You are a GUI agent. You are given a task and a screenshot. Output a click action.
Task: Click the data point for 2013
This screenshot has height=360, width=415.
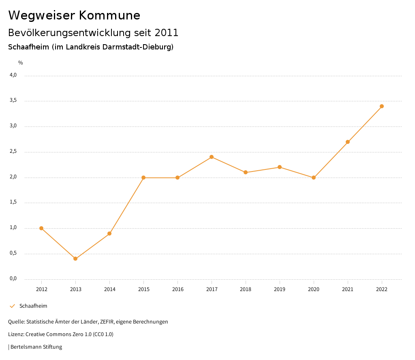click(75, 259)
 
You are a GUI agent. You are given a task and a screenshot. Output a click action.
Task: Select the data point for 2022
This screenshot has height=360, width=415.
click(382, 106)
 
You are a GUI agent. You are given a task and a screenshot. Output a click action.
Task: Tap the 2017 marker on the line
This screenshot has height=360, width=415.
click(212, 157)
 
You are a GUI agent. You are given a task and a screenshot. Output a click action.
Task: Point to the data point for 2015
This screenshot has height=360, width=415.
click(143, 178)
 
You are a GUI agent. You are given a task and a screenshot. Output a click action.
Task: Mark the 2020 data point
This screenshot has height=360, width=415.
click(314, 178)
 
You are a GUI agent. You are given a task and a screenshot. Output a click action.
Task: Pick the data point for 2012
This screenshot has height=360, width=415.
click(41, 228)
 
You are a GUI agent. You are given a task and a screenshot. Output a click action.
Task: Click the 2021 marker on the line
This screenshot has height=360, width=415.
click(348, 142)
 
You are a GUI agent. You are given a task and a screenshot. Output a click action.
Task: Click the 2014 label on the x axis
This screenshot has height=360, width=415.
click(109, 289)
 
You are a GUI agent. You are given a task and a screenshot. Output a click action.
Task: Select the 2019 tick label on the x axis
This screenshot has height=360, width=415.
click(280, 289)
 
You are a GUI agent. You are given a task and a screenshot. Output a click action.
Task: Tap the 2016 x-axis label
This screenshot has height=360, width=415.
click(178, 289)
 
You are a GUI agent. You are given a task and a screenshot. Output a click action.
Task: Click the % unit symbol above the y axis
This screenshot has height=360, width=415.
click(21, 63)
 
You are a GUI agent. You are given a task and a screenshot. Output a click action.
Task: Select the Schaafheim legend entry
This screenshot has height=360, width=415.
click(33, 306)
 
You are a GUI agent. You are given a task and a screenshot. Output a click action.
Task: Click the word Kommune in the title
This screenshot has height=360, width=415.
click(109, 15)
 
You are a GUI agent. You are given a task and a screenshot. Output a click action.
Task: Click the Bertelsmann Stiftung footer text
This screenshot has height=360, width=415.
click(36, 347)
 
